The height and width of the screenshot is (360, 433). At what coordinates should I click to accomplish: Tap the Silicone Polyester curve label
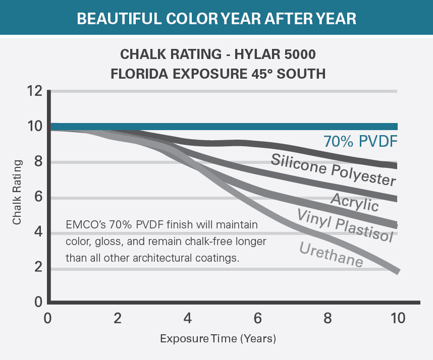[333, 170]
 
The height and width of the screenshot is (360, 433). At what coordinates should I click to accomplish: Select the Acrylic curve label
[354, 202]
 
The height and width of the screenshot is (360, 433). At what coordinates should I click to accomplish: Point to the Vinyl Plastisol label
[345, 225]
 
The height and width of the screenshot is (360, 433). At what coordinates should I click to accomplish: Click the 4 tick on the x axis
[188, 319]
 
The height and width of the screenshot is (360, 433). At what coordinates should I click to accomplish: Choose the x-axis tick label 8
[328, 319]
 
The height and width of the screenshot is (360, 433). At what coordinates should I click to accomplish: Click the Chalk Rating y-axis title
[17, 192]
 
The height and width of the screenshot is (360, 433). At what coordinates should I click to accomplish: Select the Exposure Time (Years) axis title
[218, 338]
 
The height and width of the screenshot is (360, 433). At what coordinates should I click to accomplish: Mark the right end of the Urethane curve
[398, 271]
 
